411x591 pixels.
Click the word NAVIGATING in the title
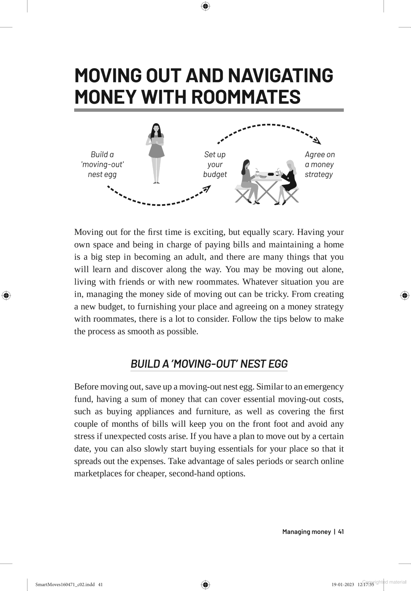[280, 75]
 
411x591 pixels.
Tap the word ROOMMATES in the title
[246, 97]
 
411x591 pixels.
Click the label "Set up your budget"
[215, 164]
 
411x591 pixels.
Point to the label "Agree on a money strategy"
[319, 164]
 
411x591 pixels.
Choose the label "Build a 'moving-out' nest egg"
[102, 164]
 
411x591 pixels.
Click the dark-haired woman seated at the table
[248, 181]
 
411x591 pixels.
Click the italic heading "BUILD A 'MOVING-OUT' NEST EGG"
[209, 364]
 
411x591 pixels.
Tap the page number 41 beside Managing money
[341, 532]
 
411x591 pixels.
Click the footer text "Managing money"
[306, 532]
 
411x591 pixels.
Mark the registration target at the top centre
[205, 6]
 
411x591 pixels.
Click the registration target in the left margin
[6, 295]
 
